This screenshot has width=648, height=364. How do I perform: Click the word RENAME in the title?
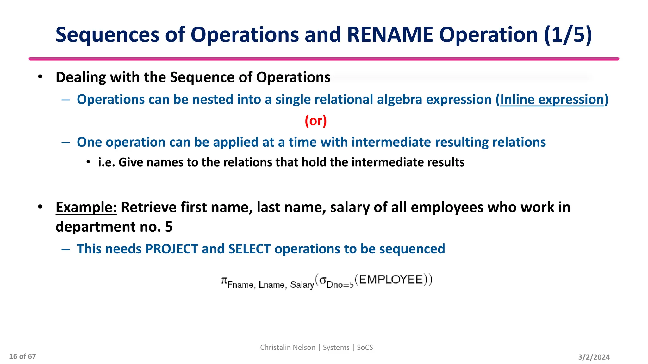[x=390, y=35]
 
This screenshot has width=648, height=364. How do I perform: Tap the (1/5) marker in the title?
[x=568, y=35]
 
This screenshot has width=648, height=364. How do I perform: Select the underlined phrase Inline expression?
[x=552, y=100]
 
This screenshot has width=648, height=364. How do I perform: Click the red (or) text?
[x=315, y=121]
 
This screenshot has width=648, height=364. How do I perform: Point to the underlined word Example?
[x=86, y=208]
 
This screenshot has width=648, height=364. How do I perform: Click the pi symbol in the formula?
[x=224, y=280]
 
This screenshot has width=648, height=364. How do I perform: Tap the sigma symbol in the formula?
[x=322, y=280]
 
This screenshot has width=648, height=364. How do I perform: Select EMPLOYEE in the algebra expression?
[x=391, y=280]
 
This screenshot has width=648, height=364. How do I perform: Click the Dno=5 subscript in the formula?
[x=340, y=285]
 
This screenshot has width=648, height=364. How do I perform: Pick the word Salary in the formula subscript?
[x=302, y=285]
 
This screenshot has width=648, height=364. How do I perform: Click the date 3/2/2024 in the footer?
[x=594, y=357]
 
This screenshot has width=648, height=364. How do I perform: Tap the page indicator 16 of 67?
[x=22, y=356]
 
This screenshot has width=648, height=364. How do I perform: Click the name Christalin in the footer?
[x=274, y=348]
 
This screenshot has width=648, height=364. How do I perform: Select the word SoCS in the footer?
[x=365, y=348]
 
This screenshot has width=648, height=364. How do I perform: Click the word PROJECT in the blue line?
[x=171, y=249]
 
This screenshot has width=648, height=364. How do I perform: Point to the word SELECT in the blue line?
[x=249, y=249]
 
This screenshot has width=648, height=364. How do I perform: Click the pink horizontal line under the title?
[x=324, y=59]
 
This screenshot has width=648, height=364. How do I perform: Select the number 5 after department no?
[x=169, y=227]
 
